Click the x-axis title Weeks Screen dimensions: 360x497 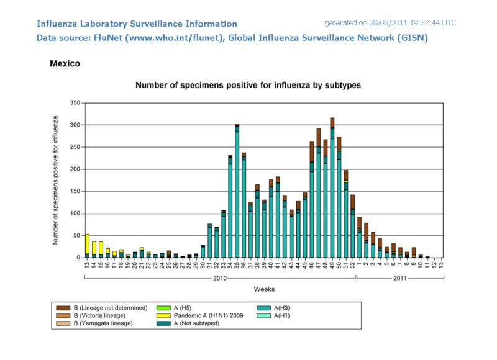(264, 289)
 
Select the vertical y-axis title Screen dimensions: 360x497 (56, 180)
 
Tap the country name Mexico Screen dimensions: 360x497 (65, 63)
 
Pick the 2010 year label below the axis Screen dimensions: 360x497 (219, 278)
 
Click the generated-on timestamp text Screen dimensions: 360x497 (390, 23)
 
